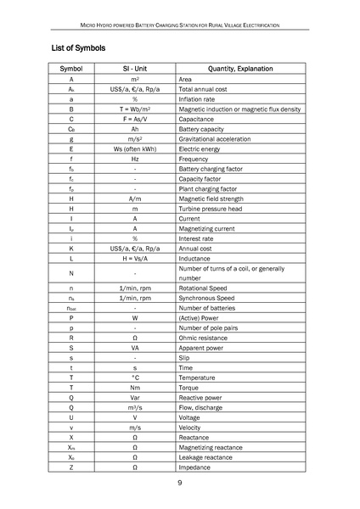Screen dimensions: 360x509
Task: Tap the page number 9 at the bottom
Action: pos(180,483)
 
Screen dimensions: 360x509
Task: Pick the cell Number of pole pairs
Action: pos(213,328)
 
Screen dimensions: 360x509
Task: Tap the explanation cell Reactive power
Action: pos(204,397)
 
